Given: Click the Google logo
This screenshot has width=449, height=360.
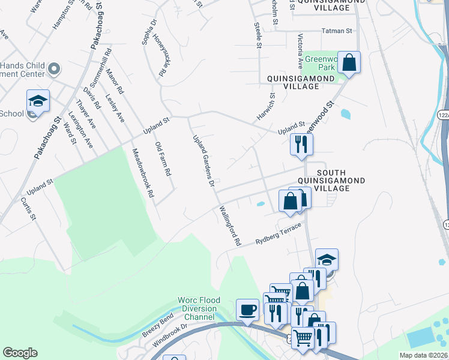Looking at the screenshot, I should [20, 353].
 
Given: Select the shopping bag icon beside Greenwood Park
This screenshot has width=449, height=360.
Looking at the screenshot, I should [349, 62].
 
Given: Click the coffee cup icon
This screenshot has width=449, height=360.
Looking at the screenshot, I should [247, 310].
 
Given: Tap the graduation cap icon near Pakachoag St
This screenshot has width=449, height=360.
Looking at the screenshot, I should [37, 101].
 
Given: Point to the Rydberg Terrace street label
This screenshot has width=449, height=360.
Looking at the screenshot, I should [277, 233].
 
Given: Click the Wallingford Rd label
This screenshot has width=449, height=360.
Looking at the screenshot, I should [230, 226].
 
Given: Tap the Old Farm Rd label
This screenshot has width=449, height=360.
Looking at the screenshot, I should [163, 159].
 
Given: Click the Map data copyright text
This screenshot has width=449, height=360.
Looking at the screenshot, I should [424, 355].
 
